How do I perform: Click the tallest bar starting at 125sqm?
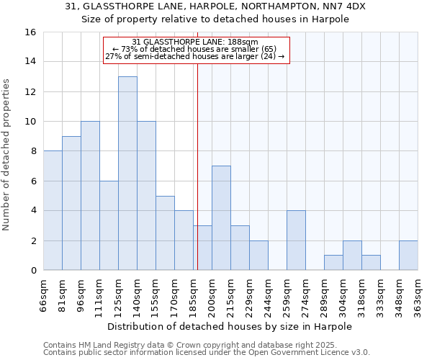127,174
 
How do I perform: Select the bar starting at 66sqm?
53,210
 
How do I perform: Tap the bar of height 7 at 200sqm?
221,218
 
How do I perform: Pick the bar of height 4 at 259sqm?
296,240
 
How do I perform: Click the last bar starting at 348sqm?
408,256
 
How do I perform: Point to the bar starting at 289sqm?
333,263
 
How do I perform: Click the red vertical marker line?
197,180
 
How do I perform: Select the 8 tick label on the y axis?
32,151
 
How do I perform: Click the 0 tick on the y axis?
32,271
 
